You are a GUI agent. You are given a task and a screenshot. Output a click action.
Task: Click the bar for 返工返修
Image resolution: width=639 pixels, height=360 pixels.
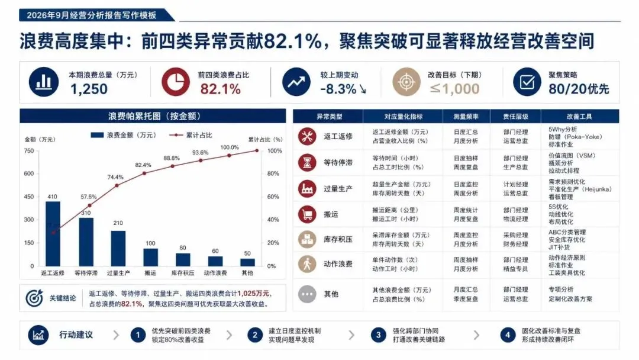coord(53,234)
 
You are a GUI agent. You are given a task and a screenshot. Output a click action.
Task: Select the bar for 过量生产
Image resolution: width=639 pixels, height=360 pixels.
coord(118,248)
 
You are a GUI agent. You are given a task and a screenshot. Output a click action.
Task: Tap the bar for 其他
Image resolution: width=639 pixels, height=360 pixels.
coord(247,262)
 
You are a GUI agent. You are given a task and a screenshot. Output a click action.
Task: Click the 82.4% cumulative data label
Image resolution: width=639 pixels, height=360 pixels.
coord(143,165)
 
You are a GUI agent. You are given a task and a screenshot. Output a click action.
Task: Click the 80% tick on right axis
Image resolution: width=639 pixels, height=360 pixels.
coord(273,173)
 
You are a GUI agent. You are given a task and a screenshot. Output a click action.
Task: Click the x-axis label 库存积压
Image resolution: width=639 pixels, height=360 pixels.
coord(183,273)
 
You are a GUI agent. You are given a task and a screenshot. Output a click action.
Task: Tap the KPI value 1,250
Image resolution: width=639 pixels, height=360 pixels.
coord(89,89)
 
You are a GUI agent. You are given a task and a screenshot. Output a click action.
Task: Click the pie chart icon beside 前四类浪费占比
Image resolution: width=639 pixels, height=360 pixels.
coord(176,82)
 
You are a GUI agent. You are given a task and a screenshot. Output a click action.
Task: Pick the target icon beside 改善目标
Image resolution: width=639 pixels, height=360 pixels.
coord(406,82)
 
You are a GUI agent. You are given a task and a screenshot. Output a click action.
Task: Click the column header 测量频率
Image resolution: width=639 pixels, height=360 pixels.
coord(466,117)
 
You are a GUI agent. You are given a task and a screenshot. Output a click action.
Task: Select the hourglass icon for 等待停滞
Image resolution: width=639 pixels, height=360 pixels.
coord(307,162)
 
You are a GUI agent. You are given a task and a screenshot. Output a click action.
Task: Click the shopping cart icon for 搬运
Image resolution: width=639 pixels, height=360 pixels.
coord(307,214)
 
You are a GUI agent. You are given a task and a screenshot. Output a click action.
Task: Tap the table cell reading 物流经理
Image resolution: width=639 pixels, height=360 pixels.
coord(515,219)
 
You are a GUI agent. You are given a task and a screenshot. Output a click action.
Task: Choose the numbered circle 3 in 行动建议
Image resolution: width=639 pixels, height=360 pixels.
coord(378,335)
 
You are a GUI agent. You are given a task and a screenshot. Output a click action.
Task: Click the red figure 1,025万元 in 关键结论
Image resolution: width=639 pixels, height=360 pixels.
coord(253,293)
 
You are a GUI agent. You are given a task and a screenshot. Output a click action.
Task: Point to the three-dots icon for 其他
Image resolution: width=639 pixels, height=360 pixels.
coord(307,294)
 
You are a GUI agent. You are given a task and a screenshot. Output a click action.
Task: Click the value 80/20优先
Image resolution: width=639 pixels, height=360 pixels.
coord(579,89)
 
